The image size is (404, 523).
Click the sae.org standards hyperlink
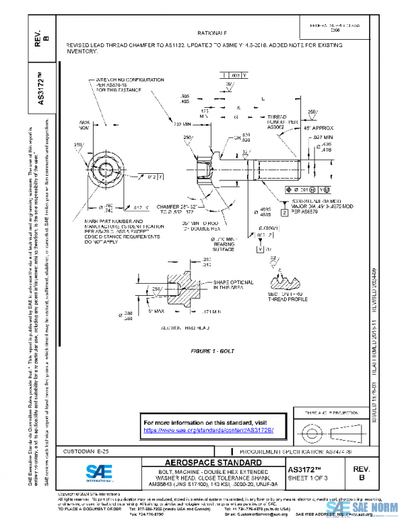[x=209, y=429]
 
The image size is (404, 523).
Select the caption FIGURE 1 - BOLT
[x=210, y=352]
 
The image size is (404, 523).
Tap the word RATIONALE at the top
[x=212, y=32]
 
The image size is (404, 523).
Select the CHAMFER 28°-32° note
[x=178, y=209]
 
